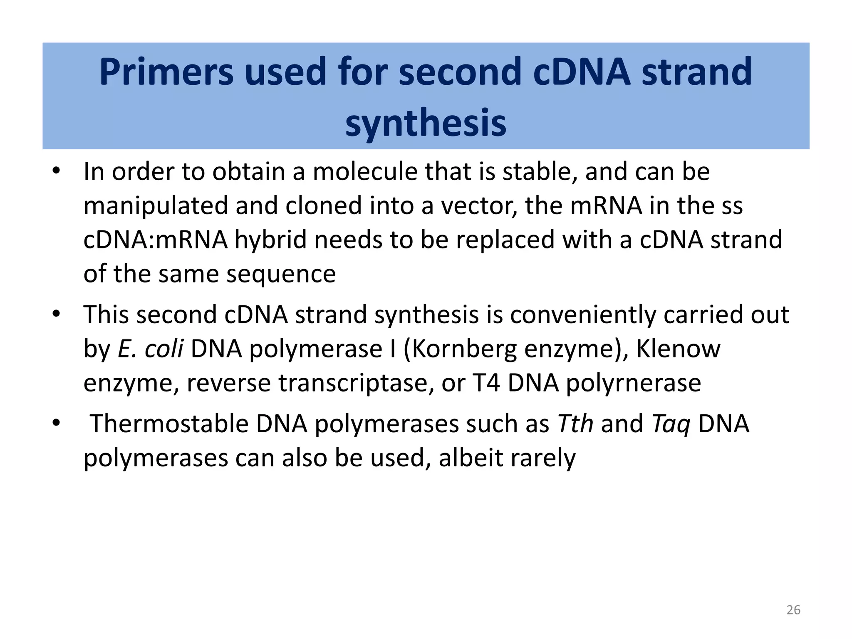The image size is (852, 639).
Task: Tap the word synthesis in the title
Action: [x=426, y=123]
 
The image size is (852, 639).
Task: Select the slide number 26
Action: [x=793, y=610]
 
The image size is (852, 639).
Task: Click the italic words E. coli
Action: [x=150, y=349]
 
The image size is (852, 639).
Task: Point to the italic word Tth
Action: [x=575, y=424]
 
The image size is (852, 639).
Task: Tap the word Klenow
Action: [x=678, y=349]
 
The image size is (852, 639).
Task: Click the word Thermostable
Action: [x=169, y=424]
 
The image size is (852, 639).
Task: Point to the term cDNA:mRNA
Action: [x=156, y=240]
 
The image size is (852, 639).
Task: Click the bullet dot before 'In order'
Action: [x=56, y=171]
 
